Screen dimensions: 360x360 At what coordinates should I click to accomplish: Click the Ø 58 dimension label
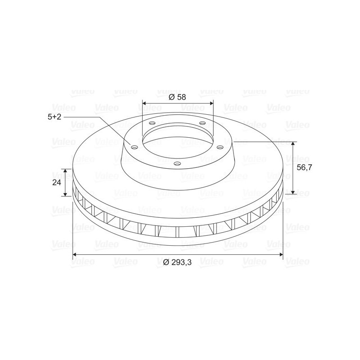coord(177,97)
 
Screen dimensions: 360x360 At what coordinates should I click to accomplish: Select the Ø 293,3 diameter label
coord(177,262)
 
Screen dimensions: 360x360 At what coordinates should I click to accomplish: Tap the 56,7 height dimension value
coord(305,167)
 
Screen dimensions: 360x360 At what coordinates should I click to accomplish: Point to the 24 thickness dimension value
coord(57,183)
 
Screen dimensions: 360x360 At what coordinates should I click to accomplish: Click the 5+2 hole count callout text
coord(54,117)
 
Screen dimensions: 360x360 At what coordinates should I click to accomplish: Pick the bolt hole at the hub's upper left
coord(152,123)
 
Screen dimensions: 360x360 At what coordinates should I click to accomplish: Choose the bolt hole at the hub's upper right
coord(202,123)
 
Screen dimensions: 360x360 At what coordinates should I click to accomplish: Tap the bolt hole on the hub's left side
coord(134,147)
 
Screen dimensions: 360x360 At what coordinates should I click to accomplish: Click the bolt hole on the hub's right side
coord(220,147)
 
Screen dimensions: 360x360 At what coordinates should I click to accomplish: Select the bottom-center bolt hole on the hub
coord(177,164)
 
